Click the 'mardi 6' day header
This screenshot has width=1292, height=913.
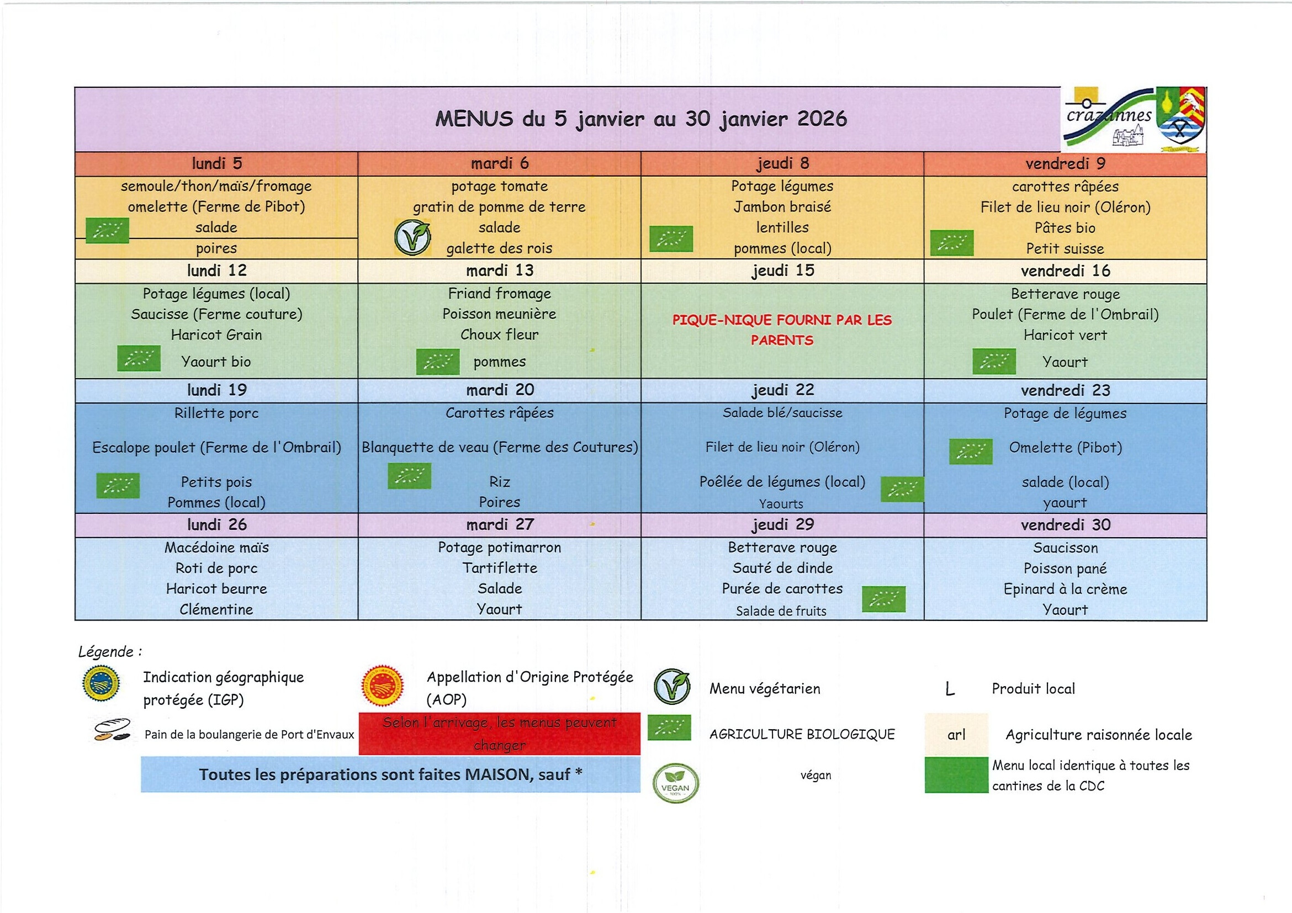point(500,164)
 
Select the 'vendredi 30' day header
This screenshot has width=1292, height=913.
point(1065,525)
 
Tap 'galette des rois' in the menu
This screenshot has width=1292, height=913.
point(499,248)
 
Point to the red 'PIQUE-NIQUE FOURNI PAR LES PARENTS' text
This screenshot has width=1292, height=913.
point(782,330)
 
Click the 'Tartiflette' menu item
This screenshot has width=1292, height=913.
point(500,568)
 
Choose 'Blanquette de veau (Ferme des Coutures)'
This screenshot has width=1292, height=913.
point(500,447)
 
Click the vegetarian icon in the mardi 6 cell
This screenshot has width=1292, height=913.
point(412,237)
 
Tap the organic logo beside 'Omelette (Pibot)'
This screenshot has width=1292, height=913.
point(971,451)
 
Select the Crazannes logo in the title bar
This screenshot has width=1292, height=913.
point(1133,120)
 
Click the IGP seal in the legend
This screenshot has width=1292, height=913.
point(100,683)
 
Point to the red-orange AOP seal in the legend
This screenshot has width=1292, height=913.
point(383,686)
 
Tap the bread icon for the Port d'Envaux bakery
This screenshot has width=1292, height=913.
point(112,730)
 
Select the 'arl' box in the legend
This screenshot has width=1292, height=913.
point(956,735)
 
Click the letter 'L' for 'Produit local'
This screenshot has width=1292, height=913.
point(950,689)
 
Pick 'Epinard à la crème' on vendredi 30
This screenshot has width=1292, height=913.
point(1065,589)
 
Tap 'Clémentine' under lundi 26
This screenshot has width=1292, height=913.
point(216,609)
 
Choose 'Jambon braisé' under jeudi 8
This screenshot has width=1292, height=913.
point(782,207)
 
